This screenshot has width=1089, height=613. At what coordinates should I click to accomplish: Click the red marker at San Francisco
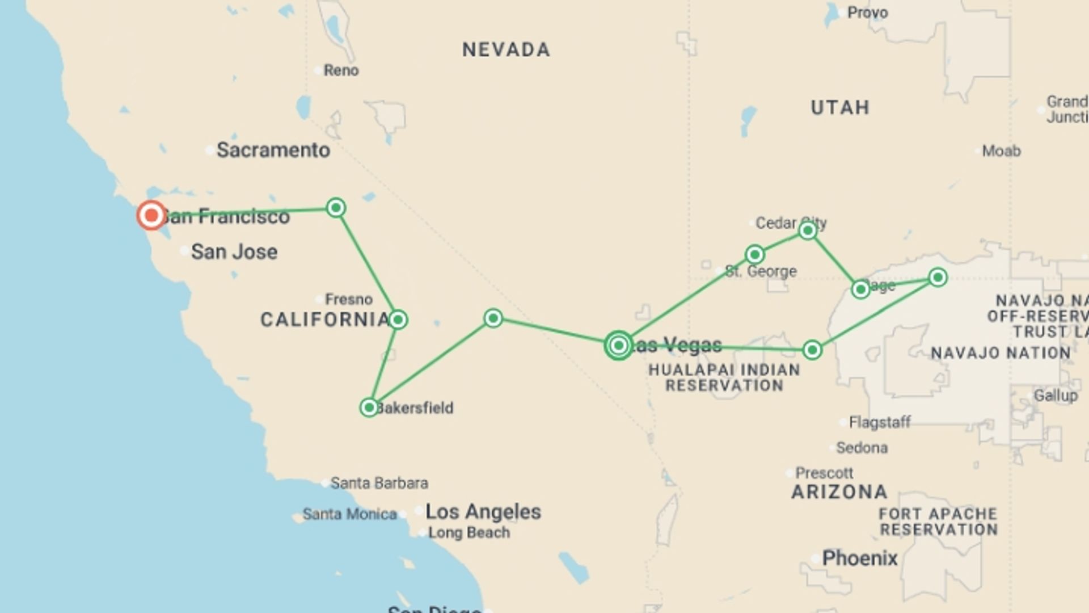151,215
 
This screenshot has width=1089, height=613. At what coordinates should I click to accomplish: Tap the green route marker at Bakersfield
369,407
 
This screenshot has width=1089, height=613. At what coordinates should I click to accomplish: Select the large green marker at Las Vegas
618,345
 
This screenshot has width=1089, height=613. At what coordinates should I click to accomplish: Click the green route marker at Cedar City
808,230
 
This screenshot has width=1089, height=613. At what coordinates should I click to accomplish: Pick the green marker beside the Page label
860,289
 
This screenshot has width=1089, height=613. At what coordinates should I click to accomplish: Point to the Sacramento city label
273,150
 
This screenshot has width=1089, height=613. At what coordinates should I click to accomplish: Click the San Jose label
234,251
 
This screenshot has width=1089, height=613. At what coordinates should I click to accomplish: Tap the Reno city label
341,70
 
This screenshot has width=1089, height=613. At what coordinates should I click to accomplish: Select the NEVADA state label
506,50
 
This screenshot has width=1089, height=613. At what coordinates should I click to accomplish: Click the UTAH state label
840,107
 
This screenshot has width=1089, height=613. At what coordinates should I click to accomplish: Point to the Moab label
1001,151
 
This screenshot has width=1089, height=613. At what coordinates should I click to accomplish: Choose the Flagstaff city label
879,422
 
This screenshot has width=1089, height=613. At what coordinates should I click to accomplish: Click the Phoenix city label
860,558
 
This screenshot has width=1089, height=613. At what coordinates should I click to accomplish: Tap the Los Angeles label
483,511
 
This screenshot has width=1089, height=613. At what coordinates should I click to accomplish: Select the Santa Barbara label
379,483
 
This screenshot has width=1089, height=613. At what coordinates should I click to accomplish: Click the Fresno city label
348,299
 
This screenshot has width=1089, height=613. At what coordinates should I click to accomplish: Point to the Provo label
867,12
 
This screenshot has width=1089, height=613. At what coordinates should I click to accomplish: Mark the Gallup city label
1055,396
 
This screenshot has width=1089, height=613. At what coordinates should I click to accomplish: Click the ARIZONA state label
839,492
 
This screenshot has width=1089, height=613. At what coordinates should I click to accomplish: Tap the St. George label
761,271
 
